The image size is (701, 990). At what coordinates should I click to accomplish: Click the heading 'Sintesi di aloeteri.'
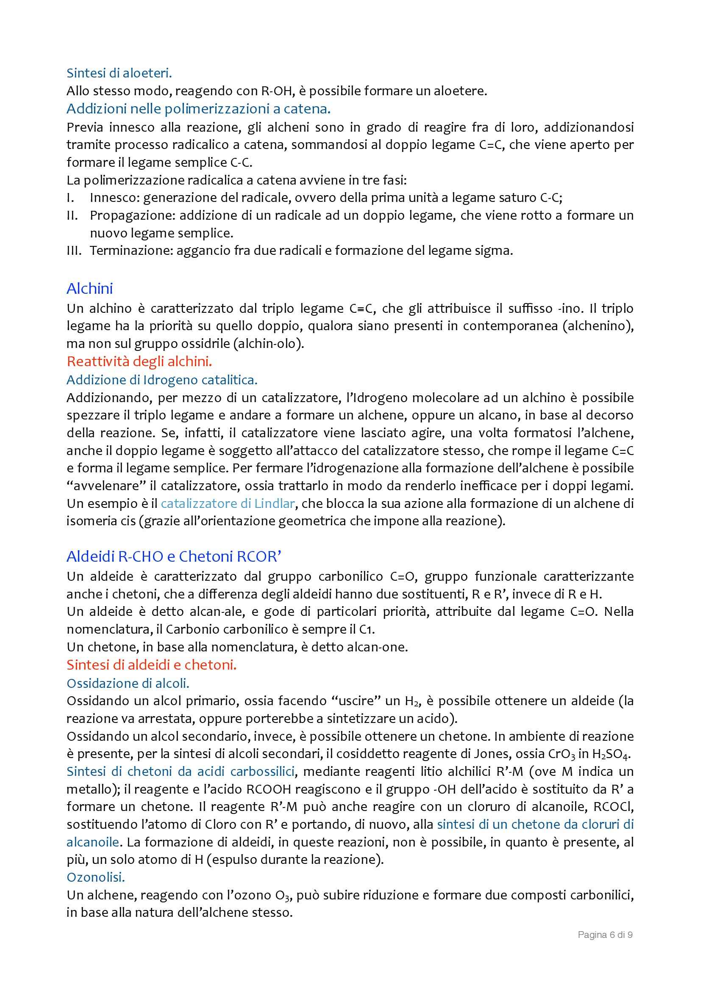pos(119,73)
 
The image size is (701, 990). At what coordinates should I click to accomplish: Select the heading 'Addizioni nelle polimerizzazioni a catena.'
pos(198,109)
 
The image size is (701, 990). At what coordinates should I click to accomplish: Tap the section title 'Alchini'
pos(90,289)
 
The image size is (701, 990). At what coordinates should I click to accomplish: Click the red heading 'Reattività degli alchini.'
pos(139,361)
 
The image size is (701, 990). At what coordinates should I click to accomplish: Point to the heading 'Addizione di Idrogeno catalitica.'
pos(162,380)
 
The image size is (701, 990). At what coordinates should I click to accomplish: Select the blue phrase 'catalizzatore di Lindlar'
pos(228,503)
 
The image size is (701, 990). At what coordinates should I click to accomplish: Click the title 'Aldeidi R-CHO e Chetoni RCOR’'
pos(174,557)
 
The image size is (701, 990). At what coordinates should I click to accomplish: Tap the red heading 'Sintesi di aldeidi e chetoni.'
pos(151,665)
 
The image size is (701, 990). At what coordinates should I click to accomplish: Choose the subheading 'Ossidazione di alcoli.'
pos(128,683)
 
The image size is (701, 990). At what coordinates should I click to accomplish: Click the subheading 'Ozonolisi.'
pos(96,877)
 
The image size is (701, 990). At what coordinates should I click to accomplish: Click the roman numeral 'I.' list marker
pos(71,198)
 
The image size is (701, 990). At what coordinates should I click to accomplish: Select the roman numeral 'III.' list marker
pos(74,251)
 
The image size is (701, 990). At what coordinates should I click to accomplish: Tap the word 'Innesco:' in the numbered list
pos(114,198)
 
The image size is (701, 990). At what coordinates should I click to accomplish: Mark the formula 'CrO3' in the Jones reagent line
pos(561,754)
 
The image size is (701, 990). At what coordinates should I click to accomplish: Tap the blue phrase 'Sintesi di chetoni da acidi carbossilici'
pos(181,772)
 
